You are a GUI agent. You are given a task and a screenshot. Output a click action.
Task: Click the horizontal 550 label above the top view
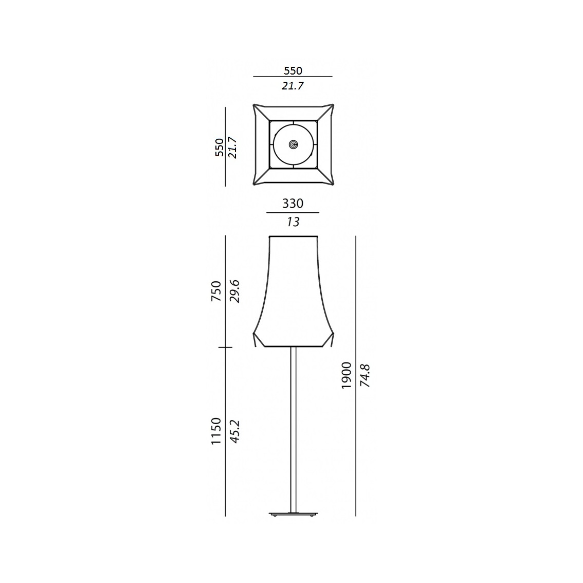[x=293, y=70]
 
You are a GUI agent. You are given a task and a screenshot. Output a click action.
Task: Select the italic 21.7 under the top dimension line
[x=293, y=86]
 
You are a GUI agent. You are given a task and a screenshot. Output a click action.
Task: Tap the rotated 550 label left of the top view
[x=220, y=147]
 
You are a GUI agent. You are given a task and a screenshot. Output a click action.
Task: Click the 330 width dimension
[x=293, y=204]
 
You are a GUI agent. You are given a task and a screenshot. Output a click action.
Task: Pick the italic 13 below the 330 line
[x=293, y=222]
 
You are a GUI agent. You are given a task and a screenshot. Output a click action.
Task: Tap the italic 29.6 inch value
[x=235, y=291]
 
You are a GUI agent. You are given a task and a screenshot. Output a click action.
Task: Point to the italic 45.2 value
[x=235, y=431]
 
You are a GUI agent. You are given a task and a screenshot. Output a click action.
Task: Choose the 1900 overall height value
[x=347, y=375]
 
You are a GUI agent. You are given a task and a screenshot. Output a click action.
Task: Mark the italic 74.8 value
[x=366, y=375]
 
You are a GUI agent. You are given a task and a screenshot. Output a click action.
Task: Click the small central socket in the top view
[x=293, y=145]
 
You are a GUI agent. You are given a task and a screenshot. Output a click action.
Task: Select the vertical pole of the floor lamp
[x=293, y=427]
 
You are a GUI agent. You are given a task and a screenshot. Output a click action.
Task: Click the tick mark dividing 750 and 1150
[x=225, y=348]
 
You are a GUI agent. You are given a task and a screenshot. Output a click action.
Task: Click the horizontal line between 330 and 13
[x=293, y=212]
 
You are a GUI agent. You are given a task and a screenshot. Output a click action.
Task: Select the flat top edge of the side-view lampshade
[x=293, y=236]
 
